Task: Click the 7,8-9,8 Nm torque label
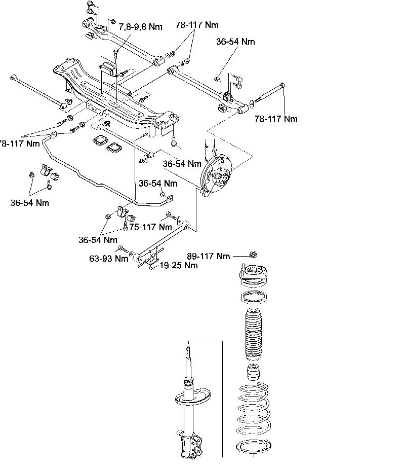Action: (x=140, y=26)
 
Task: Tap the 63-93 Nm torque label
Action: (x=108, y=259)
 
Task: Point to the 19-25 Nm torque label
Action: (x=178, y=265)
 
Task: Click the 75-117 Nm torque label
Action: (x=150, y=227)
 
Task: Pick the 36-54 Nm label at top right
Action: (x=235, y=42)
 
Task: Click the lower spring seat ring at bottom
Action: (x=254, y=447)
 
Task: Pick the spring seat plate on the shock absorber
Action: (x=194, y=398)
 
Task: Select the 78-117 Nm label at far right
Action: (x=276, y=119)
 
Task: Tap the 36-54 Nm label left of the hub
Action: (x=182, y=164)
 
